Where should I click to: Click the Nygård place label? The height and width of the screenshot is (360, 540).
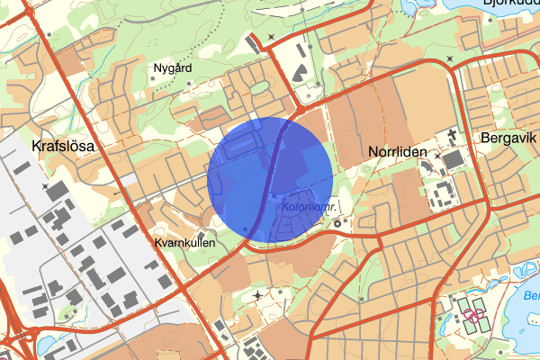pyautogui.click(x=172, y=67)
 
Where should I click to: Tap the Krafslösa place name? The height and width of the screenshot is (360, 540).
pyautogui.click(x=63, y=145)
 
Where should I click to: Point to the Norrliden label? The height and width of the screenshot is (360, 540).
pyautogui.click(x=397, y=152)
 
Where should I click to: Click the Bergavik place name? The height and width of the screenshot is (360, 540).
pyautogui.click(x=508, y=140)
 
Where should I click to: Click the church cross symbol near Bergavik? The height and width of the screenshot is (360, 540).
pyautogui.click(x=448, y=136)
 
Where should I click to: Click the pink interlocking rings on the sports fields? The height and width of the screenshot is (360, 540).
pyautogui.click(x=476, y=316)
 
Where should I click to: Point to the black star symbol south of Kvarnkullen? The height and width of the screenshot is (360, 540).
pyautogui.click(x=259, y=294)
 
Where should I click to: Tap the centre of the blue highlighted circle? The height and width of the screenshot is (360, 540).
pyautogui.click(x=270, y=178)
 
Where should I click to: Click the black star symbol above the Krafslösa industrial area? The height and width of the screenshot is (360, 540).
pyautogui.click(x=45, y=186)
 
